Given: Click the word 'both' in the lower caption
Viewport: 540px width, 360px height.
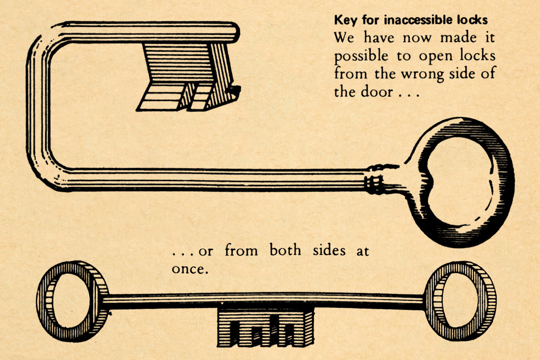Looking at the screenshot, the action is click(285, 250).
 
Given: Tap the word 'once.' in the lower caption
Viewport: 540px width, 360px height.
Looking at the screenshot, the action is click(190, 269).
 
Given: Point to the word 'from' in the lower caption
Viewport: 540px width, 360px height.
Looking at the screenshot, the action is click(238, 250).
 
